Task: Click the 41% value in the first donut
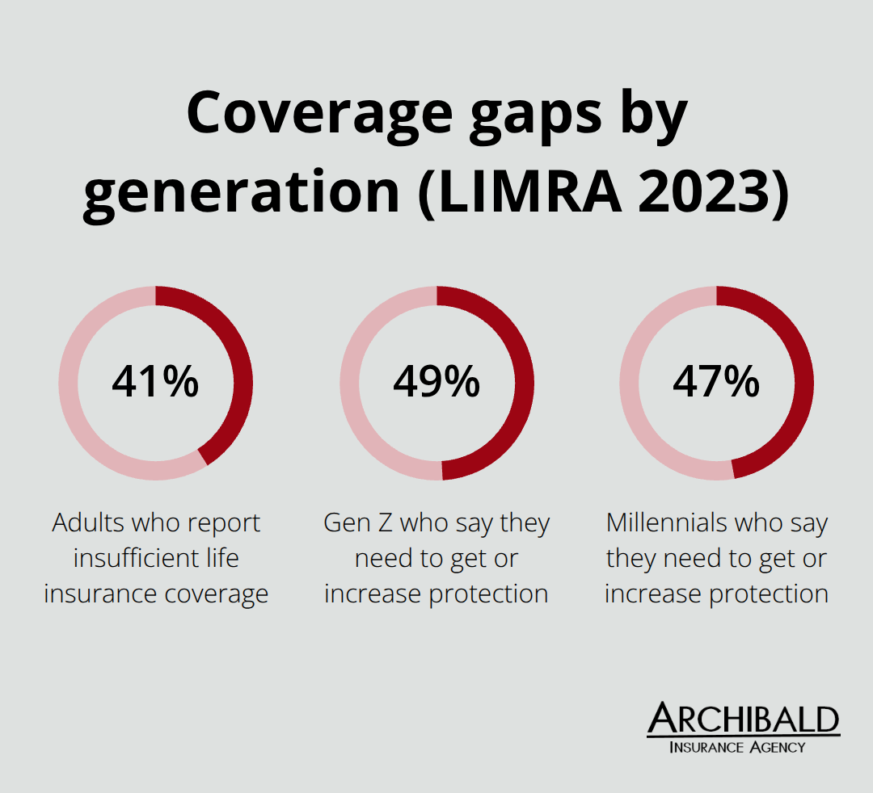155,382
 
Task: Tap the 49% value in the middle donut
436,382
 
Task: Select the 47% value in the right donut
716,382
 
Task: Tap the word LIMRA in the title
512,195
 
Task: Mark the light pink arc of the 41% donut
73,404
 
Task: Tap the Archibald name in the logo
744,719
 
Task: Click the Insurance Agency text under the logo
737,747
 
